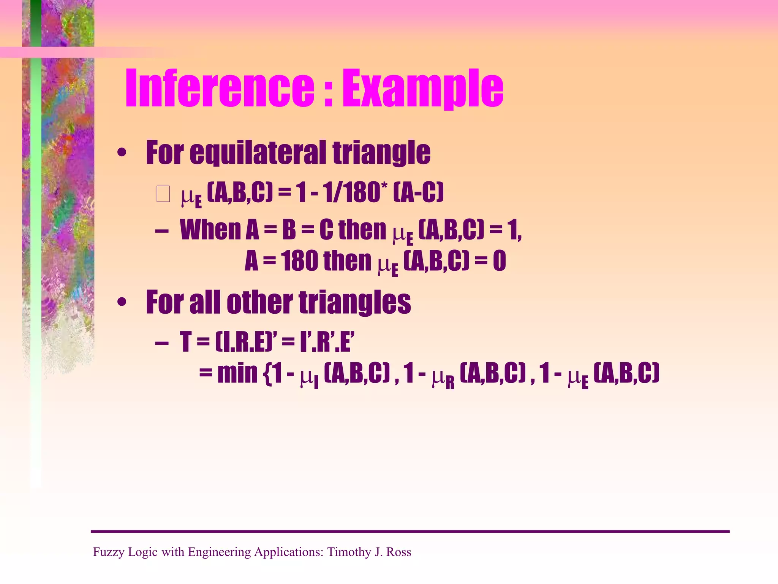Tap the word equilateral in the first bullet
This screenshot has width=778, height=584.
click(x=258, y=153)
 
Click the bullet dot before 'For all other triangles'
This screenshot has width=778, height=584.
click(x=122, y=303)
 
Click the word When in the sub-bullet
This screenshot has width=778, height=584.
click(x=210, y=230)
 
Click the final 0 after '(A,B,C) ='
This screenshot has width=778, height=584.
click(x=499, y=261)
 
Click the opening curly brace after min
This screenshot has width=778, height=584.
click(x=267, y=374)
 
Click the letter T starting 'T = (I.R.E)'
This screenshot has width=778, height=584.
click(x=185, y=341)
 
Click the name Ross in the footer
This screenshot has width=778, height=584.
click(x=398, y=552)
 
